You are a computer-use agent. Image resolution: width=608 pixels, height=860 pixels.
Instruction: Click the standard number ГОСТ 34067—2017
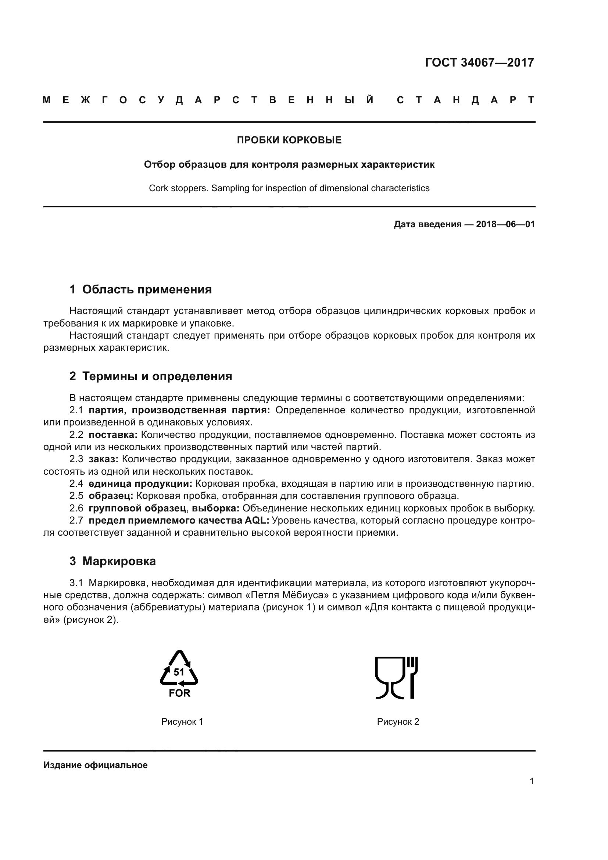pos(479,63)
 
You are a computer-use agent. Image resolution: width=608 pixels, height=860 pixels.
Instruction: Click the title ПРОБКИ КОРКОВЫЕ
pos(289,140)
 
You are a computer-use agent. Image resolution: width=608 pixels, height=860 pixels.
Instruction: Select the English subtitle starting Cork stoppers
pos(289,188)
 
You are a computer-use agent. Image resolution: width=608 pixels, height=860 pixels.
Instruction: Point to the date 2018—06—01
pos(505,224)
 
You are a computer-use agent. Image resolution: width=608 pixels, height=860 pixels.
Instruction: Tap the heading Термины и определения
pos(157,376)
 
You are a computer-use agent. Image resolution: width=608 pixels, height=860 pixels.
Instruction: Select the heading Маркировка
pos(119,561)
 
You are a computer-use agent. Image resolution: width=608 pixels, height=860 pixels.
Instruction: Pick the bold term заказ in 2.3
pos(103,459)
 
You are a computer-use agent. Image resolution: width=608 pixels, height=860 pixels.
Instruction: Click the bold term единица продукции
pos(140,484)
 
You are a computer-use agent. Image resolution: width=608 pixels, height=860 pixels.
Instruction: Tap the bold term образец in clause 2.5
pos(110,496)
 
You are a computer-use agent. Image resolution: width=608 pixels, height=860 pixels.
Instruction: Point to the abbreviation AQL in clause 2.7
pos(257,521)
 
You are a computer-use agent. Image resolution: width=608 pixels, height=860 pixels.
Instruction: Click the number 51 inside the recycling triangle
pos(179,672)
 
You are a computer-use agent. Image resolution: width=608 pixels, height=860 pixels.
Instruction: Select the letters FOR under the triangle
pos(179,693)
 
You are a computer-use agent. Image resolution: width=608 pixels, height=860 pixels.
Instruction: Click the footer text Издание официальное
pos(96,765)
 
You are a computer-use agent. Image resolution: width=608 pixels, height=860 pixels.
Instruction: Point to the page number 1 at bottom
pos(532,781)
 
